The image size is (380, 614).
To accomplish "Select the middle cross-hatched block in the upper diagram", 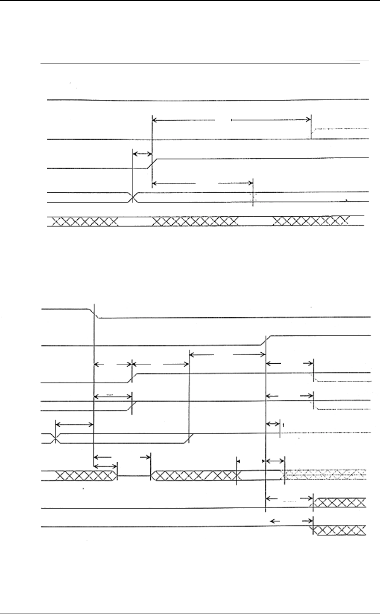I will pos(195,221).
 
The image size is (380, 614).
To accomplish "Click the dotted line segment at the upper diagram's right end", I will pos(342,128).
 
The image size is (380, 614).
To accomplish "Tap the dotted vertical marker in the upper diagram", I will pos(253,197).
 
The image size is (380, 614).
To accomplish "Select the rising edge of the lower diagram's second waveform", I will pos(266,341).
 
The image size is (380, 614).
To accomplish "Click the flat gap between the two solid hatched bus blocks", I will pos(134,475).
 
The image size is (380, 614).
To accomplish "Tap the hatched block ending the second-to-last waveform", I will pos(340,502).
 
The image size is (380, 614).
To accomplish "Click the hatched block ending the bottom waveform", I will pos(340,530).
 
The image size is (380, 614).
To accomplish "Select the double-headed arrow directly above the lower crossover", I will pos(74,424).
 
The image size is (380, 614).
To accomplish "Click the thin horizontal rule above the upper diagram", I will pos(201,64).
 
